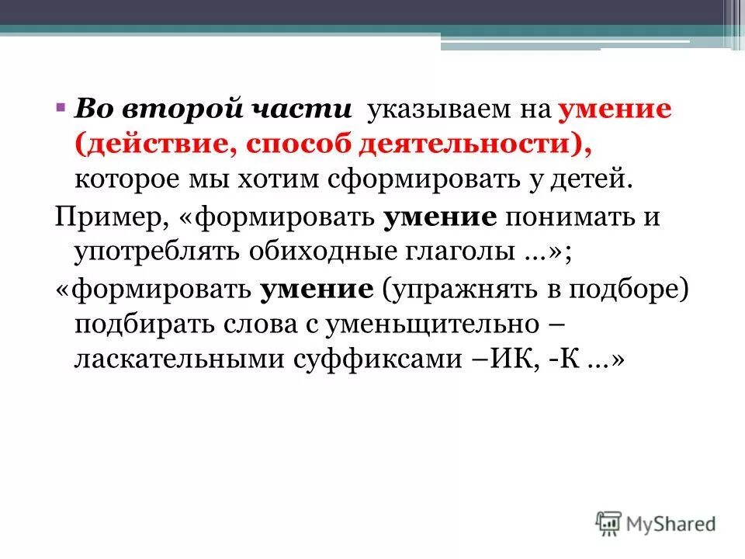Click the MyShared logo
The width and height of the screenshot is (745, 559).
tap(656, 523)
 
